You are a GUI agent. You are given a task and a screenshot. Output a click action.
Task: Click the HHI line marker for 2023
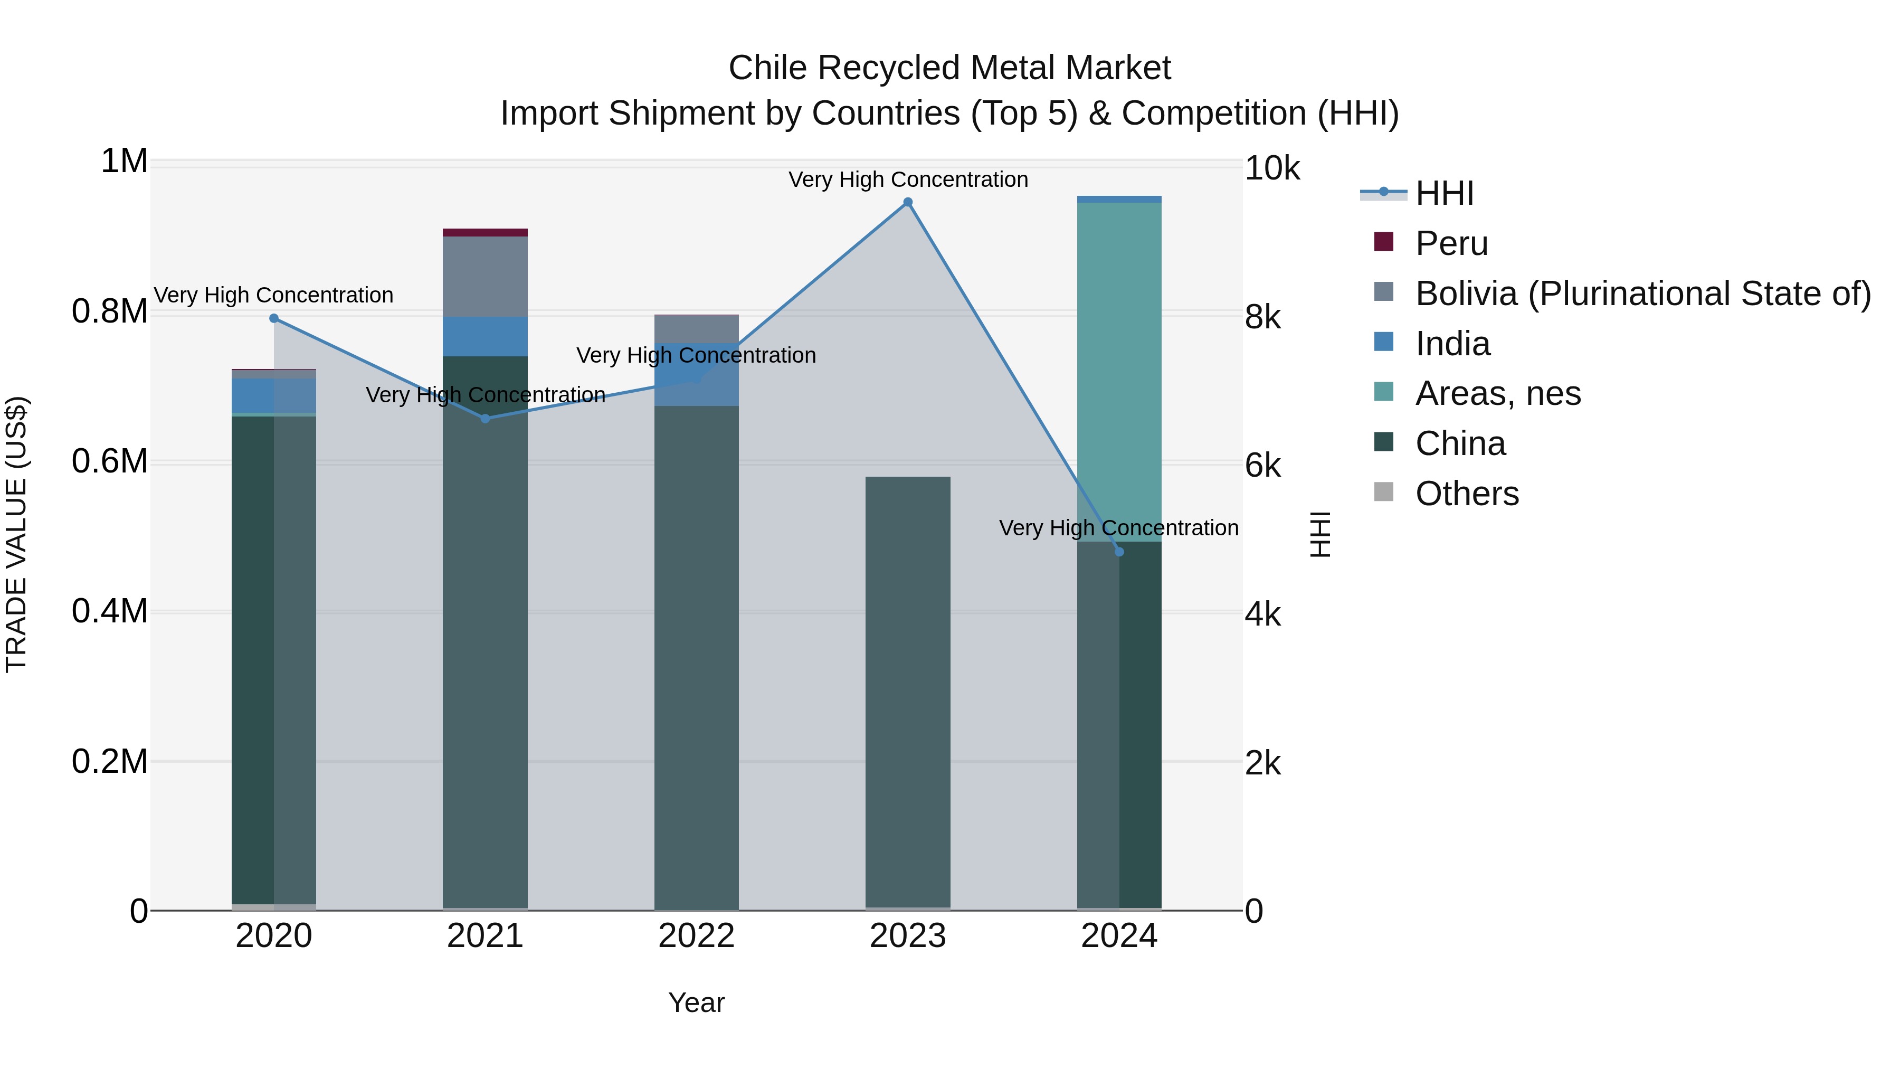pos(908,202)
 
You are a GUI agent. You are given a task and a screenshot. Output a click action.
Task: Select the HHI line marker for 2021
pos(486,418)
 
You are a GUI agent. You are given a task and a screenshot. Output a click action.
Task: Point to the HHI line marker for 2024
pos(1119,552)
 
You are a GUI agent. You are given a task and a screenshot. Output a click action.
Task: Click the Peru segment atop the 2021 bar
pos(486,232)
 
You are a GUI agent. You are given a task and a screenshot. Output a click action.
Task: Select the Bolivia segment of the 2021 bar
pos(486,277)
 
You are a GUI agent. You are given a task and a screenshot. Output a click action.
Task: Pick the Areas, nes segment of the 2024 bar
pos(1119,369)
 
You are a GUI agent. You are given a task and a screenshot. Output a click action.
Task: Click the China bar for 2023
pos(908,694)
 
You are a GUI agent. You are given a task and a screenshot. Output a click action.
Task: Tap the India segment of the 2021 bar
pos(486,336)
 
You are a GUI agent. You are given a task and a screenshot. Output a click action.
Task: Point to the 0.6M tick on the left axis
pos(109,462)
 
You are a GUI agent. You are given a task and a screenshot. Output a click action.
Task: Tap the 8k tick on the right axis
pos(1263,317)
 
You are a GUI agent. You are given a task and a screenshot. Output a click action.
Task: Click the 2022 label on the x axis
pos(696,936)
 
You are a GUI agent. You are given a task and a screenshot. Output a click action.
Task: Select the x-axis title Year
pos(696,1002)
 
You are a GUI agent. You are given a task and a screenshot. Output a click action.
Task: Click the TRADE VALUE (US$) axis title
pos(16,534)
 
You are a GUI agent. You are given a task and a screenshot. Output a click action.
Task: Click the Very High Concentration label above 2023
pos(908,179)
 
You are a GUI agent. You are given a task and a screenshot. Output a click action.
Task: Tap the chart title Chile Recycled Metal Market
pos(949,68)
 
